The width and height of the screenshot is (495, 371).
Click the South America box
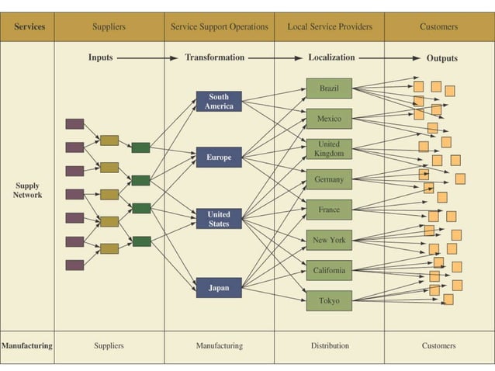click(219, 102)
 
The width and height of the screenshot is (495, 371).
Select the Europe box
click(219, 158)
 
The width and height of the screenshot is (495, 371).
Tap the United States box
click(219, 219)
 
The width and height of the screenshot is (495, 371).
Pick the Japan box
click(219, 288)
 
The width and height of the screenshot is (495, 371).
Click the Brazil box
click(329, 88)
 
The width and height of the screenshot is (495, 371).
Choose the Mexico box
click(329, 119)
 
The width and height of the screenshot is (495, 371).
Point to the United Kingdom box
click(329, 149)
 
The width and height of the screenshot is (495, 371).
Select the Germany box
click(329, 179)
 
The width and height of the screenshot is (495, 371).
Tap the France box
click(329, 210)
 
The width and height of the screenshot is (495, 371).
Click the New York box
click(329, 240)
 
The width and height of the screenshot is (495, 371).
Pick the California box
click(329, 270)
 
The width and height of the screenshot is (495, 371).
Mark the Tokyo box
click(329, 300)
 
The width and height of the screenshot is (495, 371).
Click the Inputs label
click(101, 57)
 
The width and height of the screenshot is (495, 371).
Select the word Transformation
click(215, 57)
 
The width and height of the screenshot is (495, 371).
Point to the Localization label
click(331, 57)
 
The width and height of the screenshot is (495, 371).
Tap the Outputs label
click(441, 58)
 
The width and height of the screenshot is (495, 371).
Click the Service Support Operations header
click(219, 27)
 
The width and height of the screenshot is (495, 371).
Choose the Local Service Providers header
click(330, 27)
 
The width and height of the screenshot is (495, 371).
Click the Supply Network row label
click(27, 190)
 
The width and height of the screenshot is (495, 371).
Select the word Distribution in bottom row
click(329, 345)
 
